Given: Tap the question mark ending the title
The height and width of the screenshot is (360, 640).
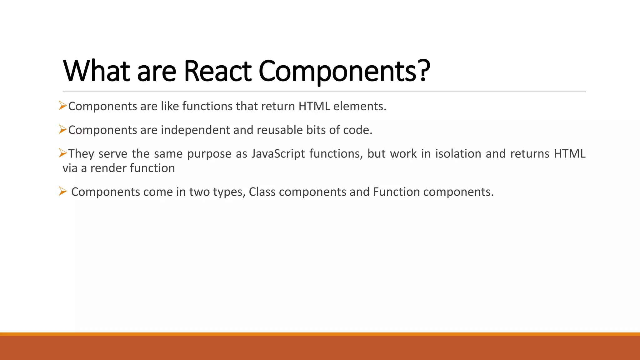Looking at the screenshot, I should tap(424, 71).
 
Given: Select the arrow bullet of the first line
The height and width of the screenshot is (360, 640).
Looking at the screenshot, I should tap(63, 106).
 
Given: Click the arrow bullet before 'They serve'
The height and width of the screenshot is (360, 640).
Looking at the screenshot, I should tap(63, 153).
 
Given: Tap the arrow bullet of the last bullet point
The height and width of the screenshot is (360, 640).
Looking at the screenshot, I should tap(63, 191).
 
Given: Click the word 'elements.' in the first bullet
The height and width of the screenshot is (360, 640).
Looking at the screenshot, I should tap(360, 106).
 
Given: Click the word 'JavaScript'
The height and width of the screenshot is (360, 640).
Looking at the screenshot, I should tap(278, 154).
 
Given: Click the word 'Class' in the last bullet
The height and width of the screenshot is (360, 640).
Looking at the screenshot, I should tap(262, 192).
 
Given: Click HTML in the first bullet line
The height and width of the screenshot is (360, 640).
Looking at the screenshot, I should tap(314, 106).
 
